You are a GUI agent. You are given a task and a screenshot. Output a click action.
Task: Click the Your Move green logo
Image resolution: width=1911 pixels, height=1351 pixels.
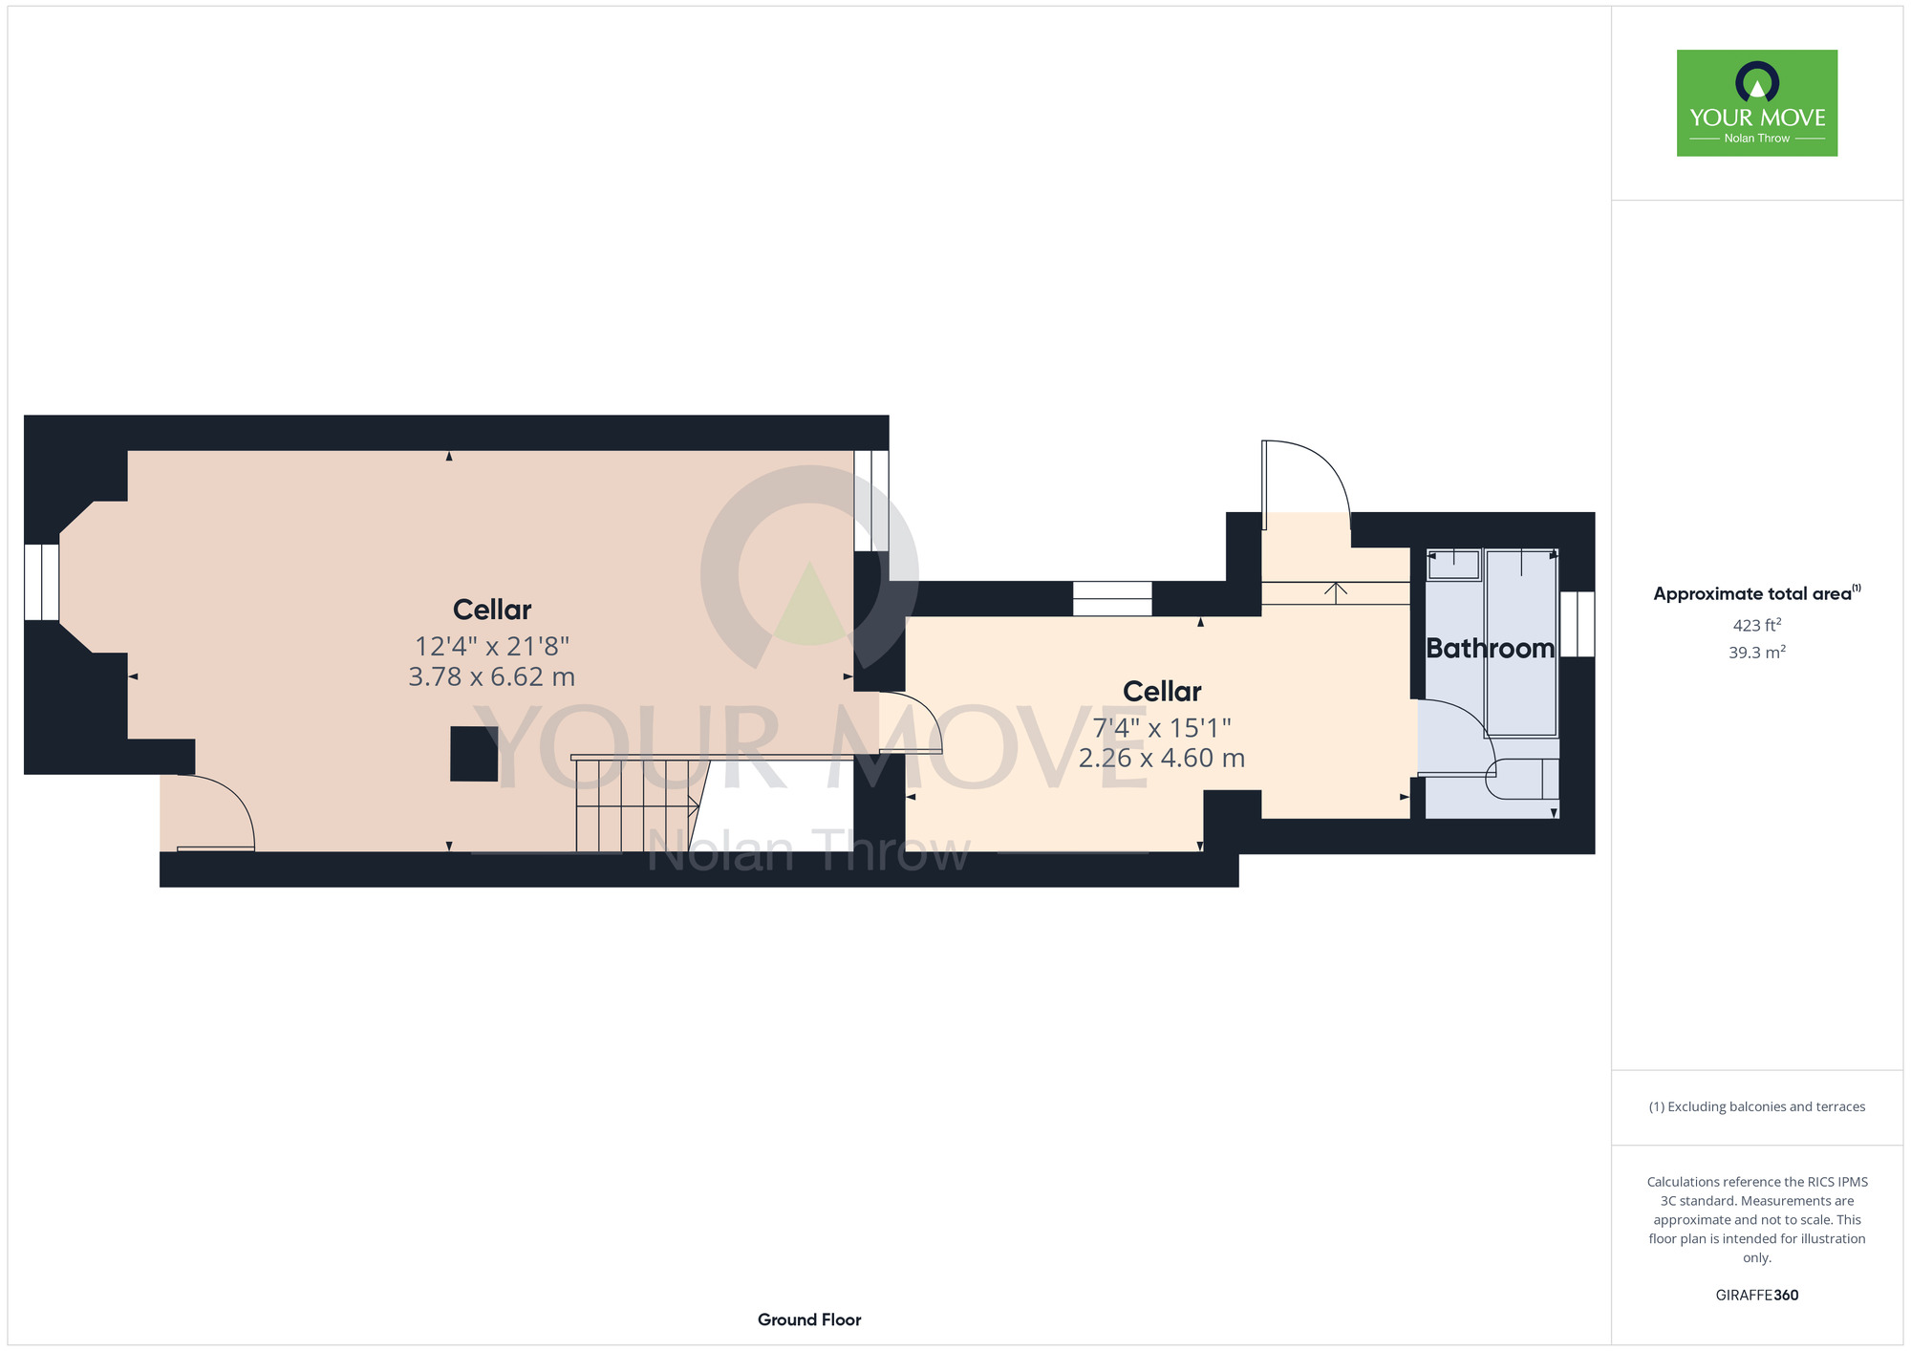(1756, 103)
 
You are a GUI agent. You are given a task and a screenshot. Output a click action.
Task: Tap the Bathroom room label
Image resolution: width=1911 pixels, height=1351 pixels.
(1490, 649)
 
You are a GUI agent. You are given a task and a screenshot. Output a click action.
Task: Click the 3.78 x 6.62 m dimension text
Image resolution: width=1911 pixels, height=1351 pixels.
(491, 676)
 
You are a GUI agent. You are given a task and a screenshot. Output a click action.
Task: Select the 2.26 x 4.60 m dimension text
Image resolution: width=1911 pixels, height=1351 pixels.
(1162, 758)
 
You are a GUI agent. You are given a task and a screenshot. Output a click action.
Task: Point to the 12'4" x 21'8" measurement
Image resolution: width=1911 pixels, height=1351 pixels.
(491, 647)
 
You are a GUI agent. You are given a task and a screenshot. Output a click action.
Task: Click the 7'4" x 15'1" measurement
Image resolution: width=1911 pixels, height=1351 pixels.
(1162, 728)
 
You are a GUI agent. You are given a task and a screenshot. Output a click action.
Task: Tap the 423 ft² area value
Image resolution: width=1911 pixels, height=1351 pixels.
(1756, 625)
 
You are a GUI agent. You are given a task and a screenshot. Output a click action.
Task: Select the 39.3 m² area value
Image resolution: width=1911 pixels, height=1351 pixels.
(1756, 653)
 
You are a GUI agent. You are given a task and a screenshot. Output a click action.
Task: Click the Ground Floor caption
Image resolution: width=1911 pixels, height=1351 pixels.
(809, 1319)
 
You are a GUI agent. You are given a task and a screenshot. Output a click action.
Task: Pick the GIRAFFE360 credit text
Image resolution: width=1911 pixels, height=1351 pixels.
(1756, 1296)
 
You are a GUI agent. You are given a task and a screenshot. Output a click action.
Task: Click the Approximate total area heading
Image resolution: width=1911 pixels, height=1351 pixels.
(1756, 593)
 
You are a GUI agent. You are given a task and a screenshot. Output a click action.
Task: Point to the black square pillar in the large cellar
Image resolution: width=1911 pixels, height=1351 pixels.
(474, 754)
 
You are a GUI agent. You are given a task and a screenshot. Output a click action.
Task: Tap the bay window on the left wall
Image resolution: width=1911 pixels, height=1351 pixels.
(42, 582)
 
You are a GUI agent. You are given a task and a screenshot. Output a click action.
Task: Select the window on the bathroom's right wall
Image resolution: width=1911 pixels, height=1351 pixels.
(1577, 624)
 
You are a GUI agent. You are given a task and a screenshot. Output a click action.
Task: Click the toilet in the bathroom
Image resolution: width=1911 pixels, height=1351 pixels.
(1522, 779)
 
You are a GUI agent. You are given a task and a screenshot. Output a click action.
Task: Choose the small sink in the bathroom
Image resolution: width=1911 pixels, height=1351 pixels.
(1453, 565)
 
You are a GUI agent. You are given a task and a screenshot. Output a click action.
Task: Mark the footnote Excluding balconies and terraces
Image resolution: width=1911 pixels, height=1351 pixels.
(1756, 1106)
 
